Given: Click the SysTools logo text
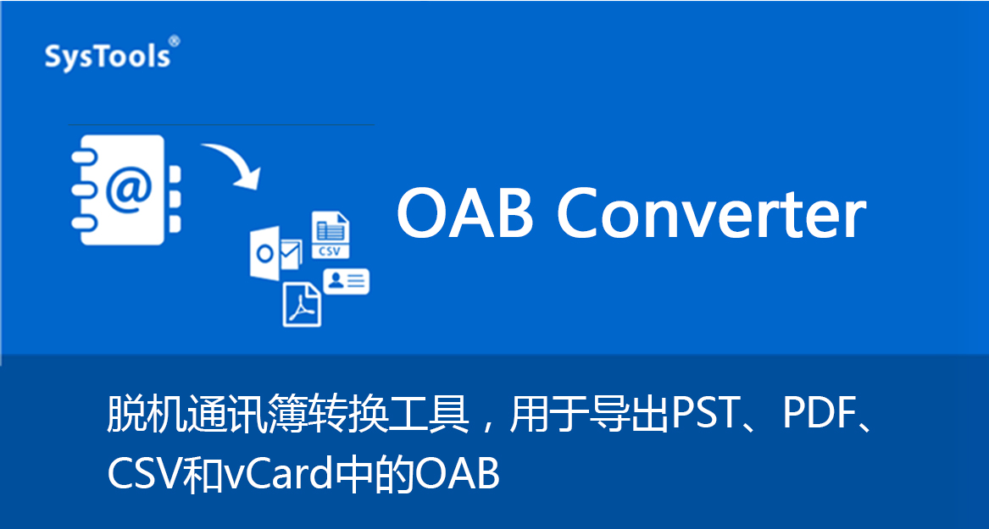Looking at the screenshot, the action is (108, 57).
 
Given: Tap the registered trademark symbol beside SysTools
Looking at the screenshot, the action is (175, 41).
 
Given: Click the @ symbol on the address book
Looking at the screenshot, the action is (130, 189).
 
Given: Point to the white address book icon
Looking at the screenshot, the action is (125, 190).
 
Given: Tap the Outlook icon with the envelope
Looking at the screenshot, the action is (275, 252).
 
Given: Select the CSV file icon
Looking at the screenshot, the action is (331, 235).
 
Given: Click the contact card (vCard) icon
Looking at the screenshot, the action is (347, 282).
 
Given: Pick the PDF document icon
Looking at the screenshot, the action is (302, 305).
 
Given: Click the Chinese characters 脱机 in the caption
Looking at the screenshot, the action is (146, 415).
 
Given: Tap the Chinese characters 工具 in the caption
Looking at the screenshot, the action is (431, 415).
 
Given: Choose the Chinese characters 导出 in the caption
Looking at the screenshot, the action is (631, 415).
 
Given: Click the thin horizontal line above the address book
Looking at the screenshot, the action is (220, 124).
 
